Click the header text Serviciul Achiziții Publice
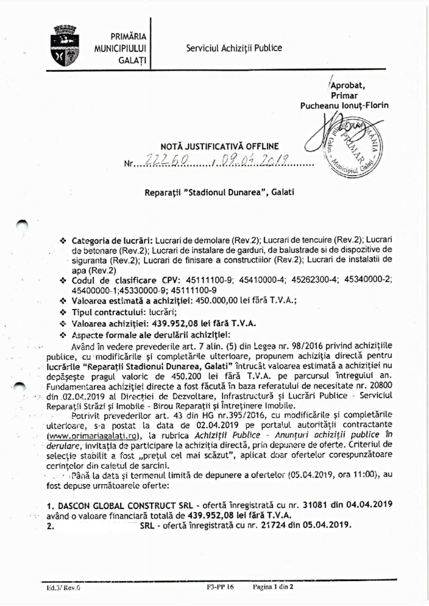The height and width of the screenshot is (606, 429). pos(234,48)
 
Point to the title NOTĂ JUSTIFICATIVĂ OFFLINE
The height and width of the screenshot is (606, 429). pos(220,146)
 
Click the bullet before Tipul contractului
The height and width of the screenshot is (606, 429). pos(63,311)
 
